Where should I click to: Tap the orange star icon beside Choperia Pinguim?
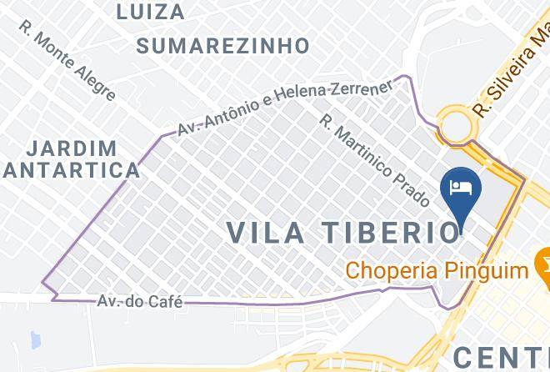[544, 269]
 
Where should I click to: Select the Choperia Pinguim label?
[437, 270]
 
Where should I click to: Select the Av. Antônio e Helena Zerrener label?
[284, 109]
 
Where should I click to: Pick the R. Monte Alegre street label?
[69, 59]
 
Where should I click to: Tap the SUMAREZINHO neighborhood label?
[222, 45]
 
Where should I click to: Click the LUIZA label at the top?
[151, 12]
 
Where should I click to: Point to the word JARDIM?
[72, 148]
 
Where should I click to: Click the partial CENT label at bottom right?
[501, 354]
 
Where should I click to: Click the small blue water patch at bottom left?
[34, 339]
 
